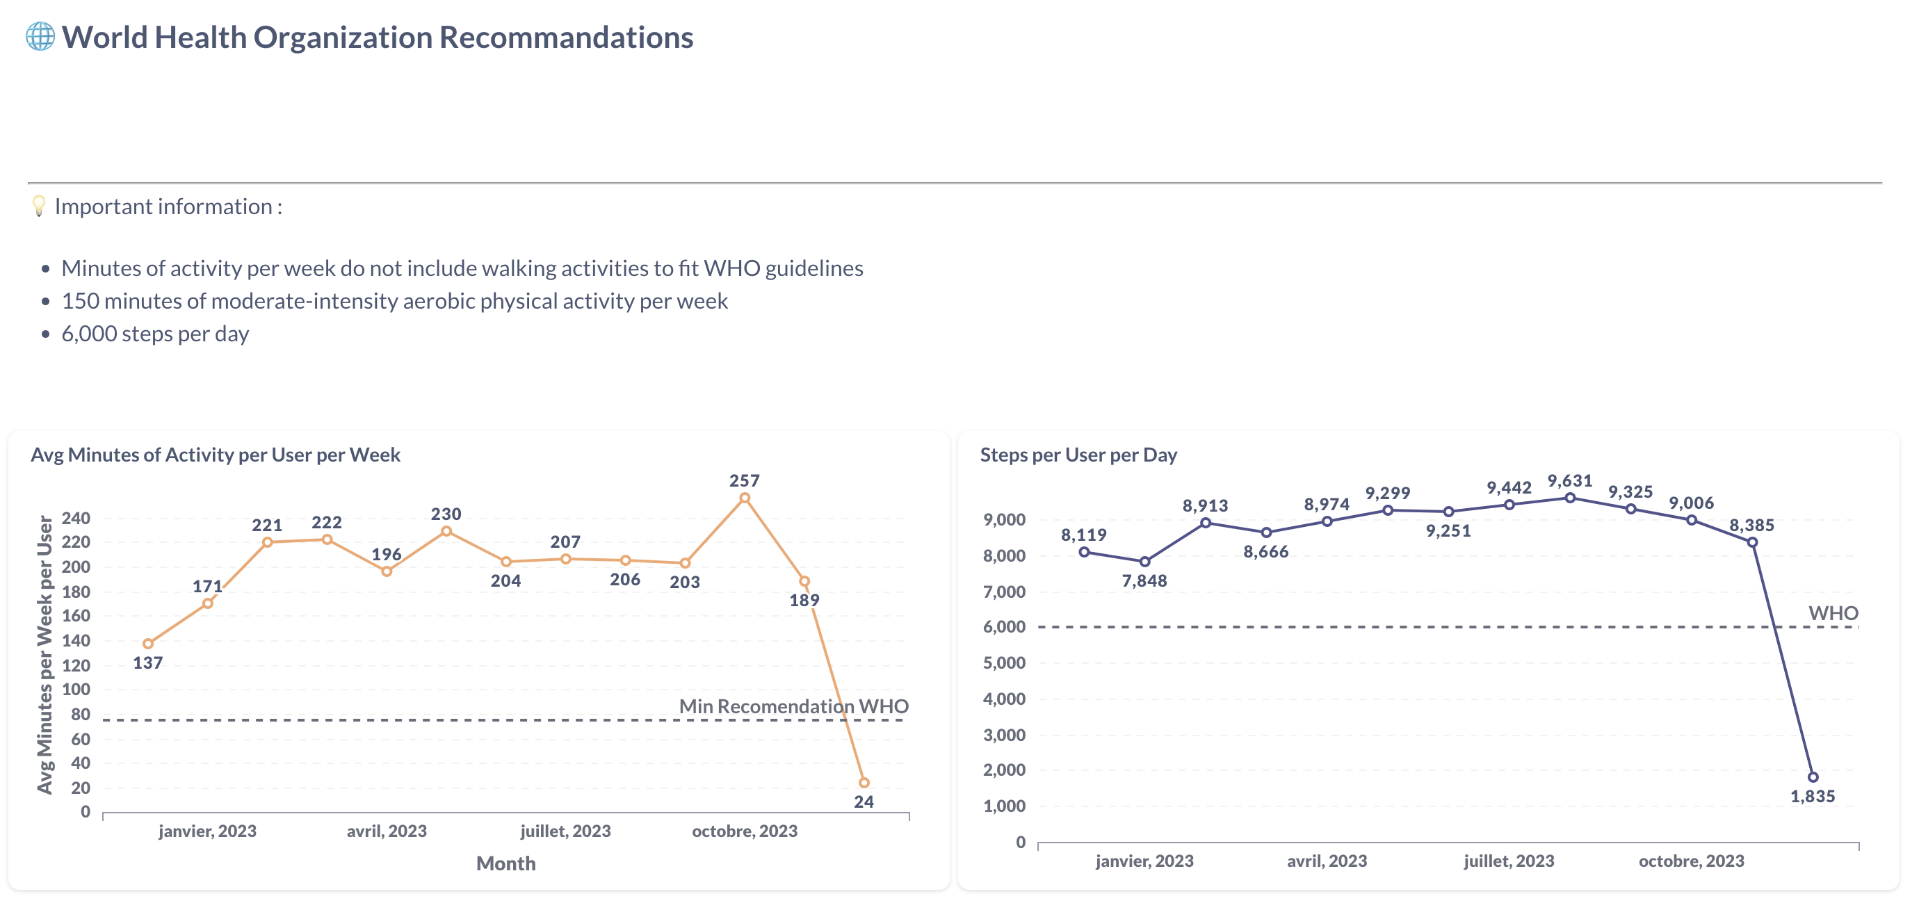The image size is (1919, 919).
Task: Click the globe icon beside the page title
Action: coord(40,36)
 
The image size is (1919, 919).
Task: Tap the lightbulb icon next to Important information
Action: coord(39,206)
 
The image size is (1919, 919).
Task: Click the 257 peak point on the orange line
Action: coord(744,498)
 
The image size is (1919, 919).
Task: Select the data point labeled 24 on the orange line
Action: coord(864,782)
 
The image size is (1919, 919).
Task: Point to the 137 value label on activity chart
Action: coord(147,662)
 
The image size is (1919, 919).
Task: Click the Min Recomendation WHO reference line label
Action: coord(793,706)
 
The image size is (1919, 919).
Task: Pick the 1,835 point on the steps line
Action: coord(1813,776)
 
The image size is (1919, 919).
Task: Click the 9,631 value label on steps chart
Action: coord(1570,480)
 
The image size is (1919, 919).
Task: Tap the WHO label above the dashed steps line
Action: coord(1833,613)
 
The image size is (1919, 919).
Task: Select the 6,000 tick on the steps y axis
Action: coord(1004,626)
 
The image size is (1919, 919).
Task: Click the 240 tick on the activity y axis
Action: coord(75,518)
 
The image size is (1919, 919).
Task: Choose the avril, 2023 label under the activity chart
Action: coord(387,831)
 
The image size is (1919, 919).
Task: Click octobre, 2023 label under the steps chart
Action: coord(1691,860)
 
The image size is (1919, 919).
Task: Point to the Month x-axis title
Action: coord(506,863)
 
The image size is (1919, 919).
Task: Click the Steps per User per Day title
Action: coord(1078,455)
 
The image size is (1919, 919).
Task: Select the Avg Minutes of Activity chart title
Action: coord(216,455)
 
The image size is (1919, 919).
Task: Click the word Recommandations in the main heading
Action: coord(566,38)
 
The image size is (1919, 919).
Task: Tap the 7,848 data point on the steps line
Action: coord(1144,562)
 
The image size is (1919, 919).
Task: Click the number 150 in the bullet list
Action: coord(80,301)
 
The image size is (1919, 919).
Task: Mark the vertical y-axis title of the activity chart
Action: coord(44,655)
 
